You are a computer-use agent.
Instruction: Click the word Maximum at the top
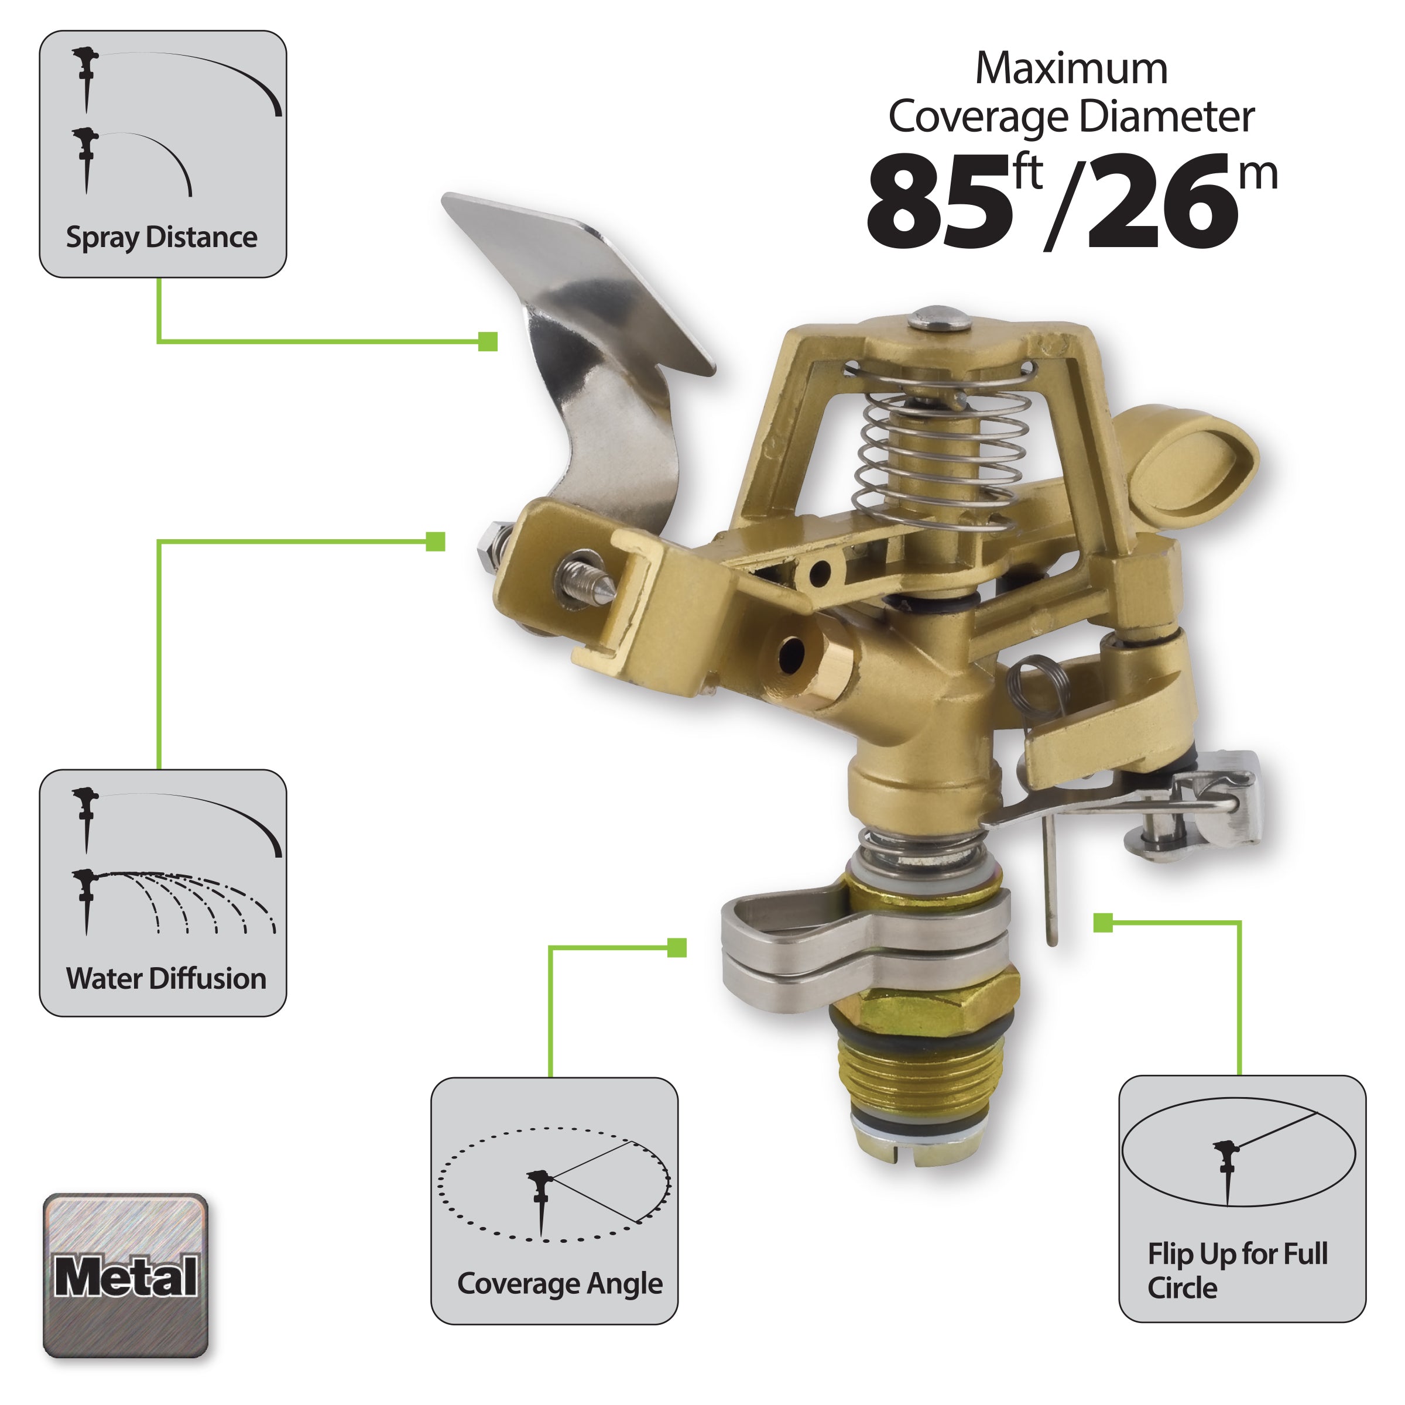tap(1071, 69)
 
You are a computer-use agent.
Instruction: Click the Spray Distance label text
tap(162, 238)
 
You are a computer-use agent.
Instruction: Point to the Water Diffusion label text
tap(166, 978)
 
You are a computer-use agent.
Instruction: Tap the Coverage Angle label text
tap(559, 1284)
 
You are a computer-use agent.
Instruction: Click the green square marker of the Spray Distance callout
tap(488, 341)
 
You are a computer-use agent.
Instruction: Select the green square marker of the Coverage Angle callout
tap(676, 948)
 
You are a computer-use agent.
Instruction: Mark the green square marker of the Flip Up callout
tap(1102, 923)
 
